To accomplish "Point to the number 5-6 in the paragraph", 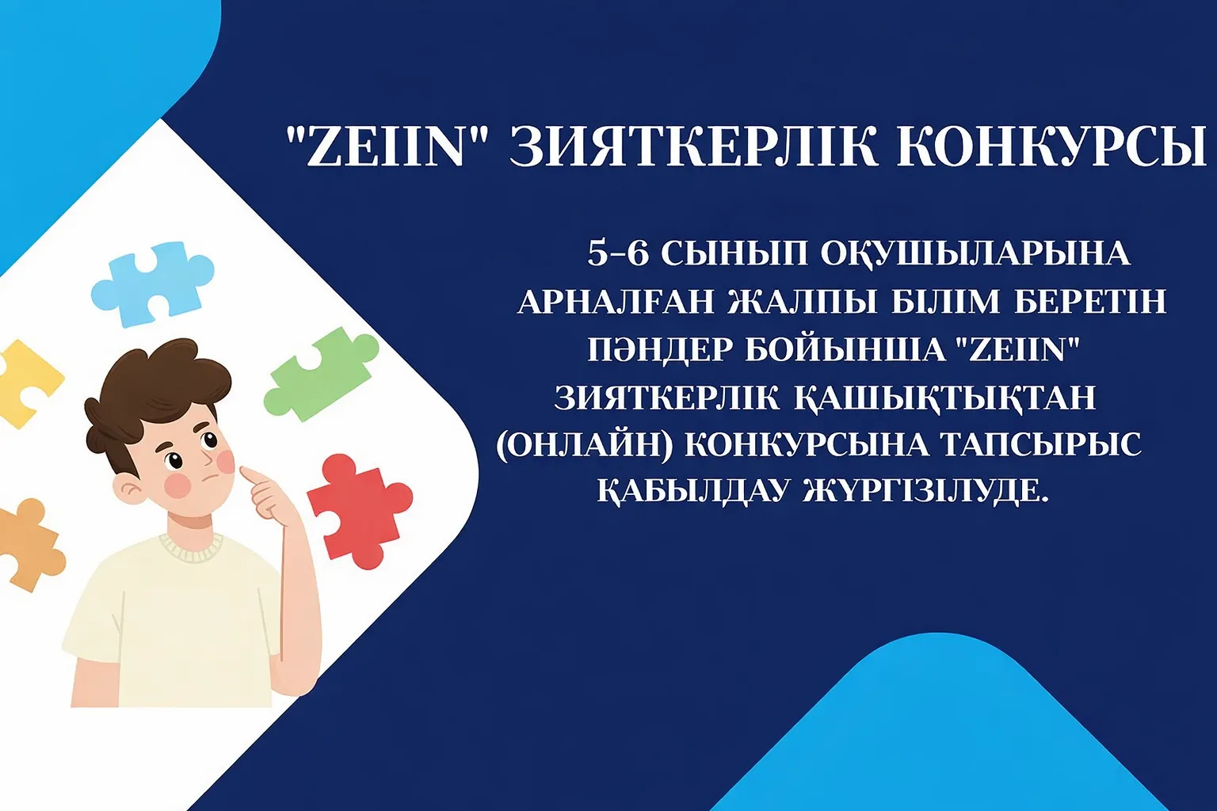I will point(617,253).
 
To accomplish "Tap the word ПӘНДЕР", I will point(660,349).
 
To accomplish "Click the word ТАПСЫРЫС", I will point(1041,445).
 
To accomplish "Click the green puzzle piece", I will point(321,373).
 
